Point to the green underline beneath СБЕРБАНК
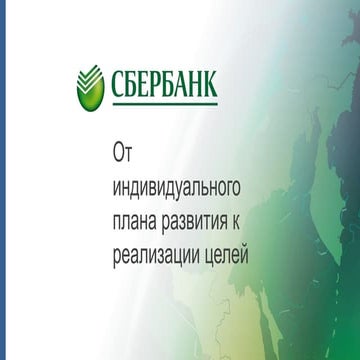click(163, 97)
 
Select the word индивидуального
click(179, 186)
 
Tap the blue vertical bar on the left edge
click(3, 180)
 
